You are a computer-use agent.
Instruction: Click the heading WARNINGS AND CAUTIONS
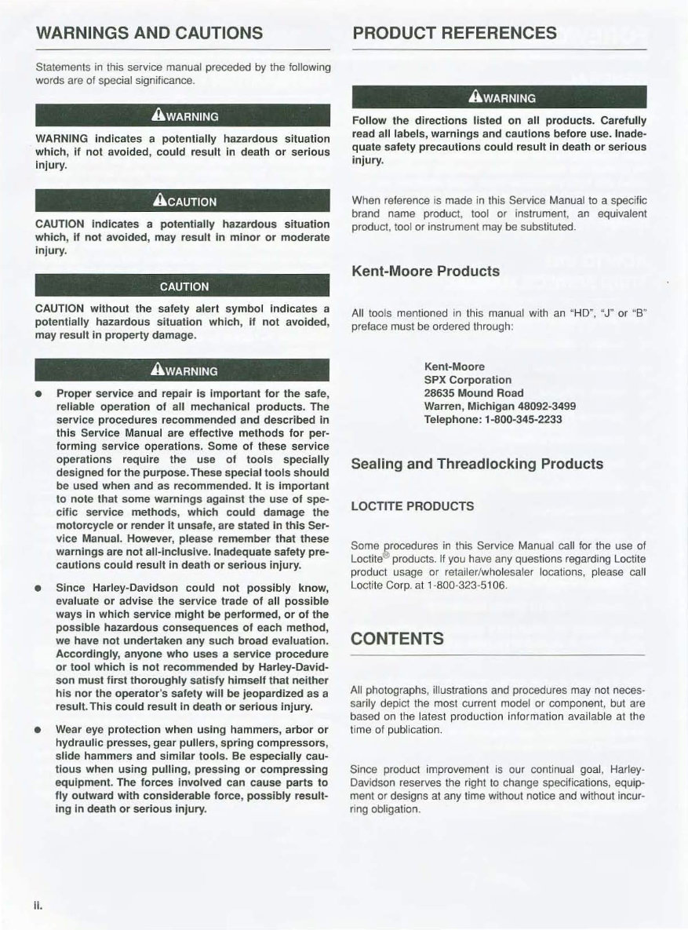tap(149, 33)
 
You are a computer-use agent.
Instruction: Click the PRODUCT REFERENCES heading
tap(455, 33)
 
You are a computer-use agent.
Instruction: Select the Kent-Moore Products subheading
tap(426, 272)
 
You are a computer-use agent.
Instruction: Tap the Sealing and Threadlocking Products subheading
tap(478, 464)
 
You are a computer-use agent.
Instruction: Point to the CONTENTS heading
tap(398, 638)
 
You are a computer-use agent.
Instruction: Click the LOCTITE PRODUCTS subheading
tap(412, 506)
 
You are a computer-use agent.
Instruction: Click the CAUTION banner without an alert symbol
tap(184, 286)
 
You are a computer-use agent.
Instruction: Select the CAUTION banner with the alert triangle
tap(184, 201)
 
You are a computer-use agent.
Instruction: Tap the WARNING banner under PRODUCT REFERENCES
tap(500, 98)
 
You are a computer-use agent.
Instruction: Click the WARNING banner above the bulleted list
tap(184, 370)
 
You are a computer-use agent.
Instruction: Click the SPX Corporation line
tap(468, 380)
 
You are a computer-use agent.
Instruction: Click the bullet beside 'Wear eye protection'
tap(38, 730)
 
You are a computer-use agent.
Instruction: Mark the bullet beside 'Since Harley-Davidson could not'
tap(38, 588)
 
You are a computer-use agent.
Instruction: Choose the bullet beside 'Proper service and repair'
tap(38, 393)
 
